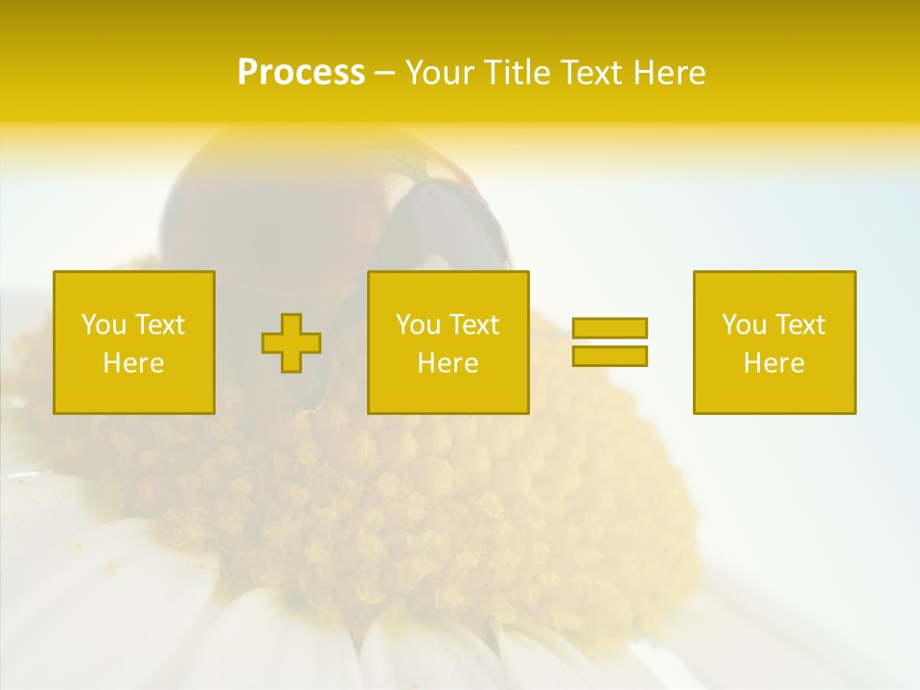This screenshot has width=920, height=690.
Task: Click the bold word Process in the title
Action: click(x=301, y=73)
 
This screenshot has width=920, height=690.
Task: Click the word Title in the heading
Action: click(x=517, y=73)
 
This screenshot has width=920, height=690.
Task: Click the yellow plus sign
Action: click(x=291, y=343)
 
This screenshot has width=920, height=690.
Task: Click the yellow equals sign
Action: click(x=609, y=342)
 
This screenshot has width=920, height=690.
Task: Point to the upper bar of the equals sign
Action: click(x=609, y=328)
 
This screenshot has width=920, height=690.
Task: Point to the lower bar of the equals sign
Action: click(x=609, y=356)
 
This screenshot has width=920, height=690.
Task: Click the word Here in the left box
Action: click(x=133, y=363)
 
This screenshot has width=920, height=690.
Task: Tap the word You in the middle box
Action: click(x=418, y=325)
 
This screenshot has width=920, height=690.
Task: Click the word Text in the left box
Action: click(x=161, y=325)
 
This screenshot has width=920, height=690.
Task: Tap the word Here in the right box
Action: click(x=773, y=363)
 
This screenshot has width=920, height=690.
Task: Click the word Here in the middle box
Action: click(x=448, y=363)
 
